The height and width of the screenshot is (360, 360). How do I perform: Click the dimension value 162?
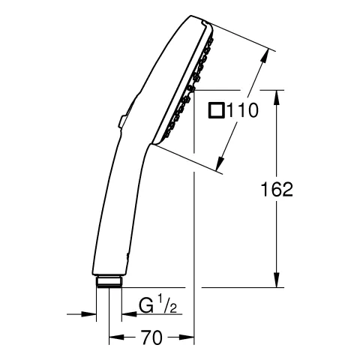coord(277,190)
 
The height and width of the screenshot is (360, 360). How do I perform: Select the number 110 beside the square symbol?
coord(242,111)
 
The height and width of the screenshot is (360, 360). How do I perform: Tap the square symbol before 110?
coord(216,111)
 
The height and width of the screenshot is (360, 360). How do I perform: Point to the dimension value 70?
coord(151,339)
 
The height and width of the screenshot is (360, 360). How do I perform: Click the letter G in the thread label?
coord(147,307)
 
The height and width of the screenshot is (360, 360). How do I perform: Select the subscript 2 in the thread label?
coord(174,310)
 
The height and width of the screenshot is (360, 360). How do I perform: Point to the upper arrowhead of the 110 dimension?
coord(265,55)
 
